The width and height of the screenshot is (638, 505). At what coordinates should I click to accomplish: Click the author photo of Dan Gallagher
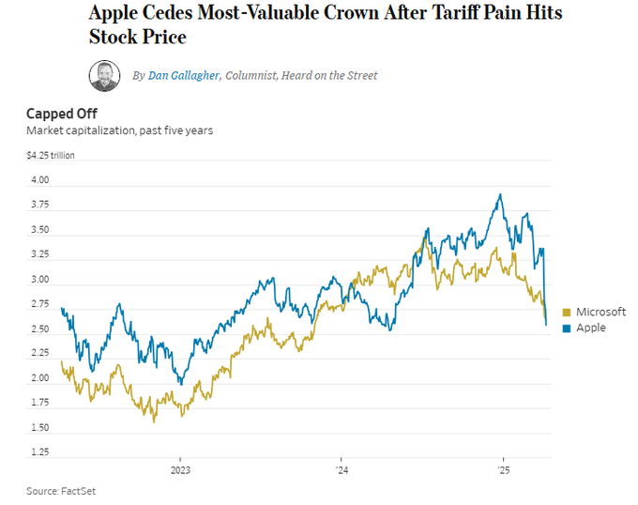coord(104,75)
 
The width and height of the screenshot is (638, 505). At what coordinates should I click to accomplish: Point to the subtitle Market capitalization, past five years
coord(119,130)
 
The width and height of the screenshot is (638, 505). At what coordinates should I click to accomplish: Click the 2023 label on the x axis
coord(180,470)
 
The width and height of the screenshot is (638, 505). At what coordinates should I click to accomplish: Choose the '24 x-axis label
coord(342,470)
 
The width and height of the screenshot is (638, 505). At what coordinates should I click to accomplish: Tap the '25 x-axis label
coord(503,470)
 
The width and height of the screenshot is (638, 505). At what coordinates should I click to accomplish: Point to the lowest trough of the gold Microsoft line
coord(154,421)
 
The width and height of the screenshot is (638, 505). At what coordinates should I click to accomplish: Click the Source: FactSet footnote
coord(61,491)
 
